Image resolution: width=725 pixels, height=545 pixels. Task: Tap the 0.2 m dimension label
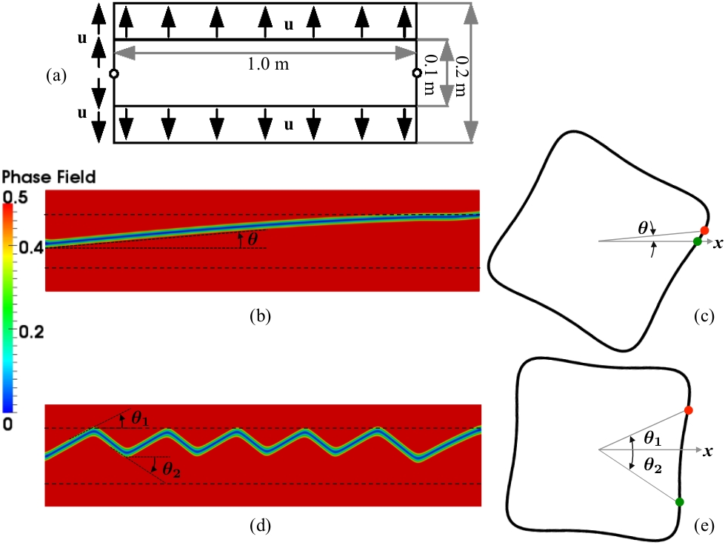click(x=461, y=73)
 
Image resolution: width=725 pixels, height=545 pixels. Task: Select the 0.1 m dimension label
click(x=430, y=73)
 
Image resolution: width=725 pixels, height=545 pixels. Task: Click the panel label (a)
click(x=56, y=75)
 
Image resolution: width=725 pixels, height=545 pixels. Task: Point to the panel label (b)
click(x=261, y=316)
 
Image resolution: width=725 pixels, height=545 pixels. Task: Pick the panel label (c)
click(x=704, y=316)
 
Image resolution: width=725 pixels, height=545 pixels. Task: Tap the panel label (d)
click(x=261, y=526)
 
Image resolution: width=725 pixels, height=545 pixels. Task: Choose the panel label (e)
click(x=704, y=526)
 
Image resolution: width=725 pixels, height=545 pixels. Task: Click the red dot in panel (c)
click(x=704, y=230)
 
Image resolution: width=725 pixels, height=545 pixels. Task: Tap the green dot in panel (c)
click(x=697, y=241)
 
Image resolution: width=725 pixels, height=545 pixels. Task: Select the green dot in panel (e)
click(x=679, y=503)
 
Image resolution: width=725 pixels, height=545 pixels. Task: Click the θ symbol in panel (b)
click(x=253, y=238)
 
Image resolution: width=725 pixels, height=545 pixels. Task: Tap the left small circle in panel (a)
click(x=113, y=73)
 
